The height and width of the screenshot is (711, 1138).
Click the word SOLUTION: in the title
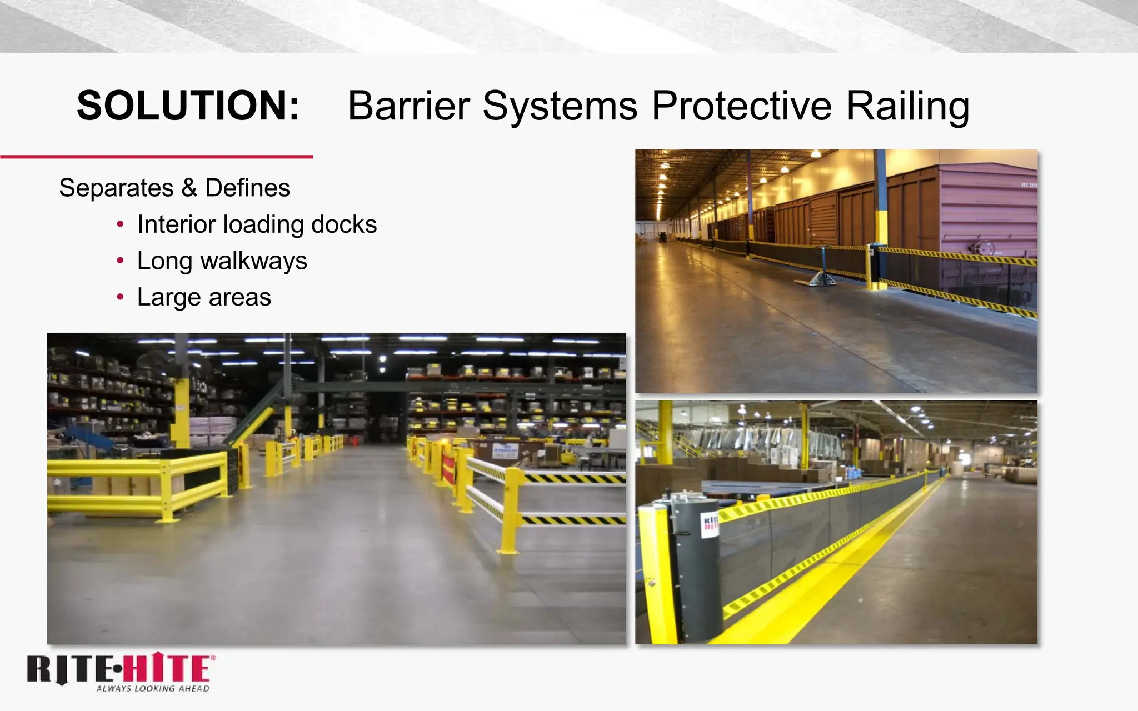coord(188,106)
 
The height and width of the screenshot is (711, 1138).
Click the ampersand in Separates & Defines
coord(189,188)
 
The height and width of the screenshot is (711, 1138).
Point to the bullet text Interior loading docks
coord(257,224)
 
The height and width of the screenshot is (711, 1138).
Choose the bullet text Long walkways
coord(222,261)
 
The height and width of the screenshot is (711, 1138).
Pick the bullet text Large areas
coord(204,297)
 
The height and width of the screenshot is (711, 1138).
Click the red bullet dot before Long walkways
coord(121,261)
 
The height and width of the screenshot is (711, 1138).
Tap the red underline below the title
coord(156,157)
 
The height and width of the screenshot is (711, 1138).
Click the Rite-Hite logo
coord(120,669)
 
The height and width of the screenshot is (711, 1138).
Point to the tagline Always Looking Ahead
coord(153,689)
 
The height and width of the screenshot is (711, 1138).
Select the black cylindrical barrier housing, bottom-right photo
coord(697,567)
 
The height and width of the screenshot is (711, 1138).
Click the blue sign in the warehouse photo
coord(505,450)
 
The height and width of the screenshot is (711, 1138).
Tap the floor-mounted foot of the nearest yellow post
coord(507,551)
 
